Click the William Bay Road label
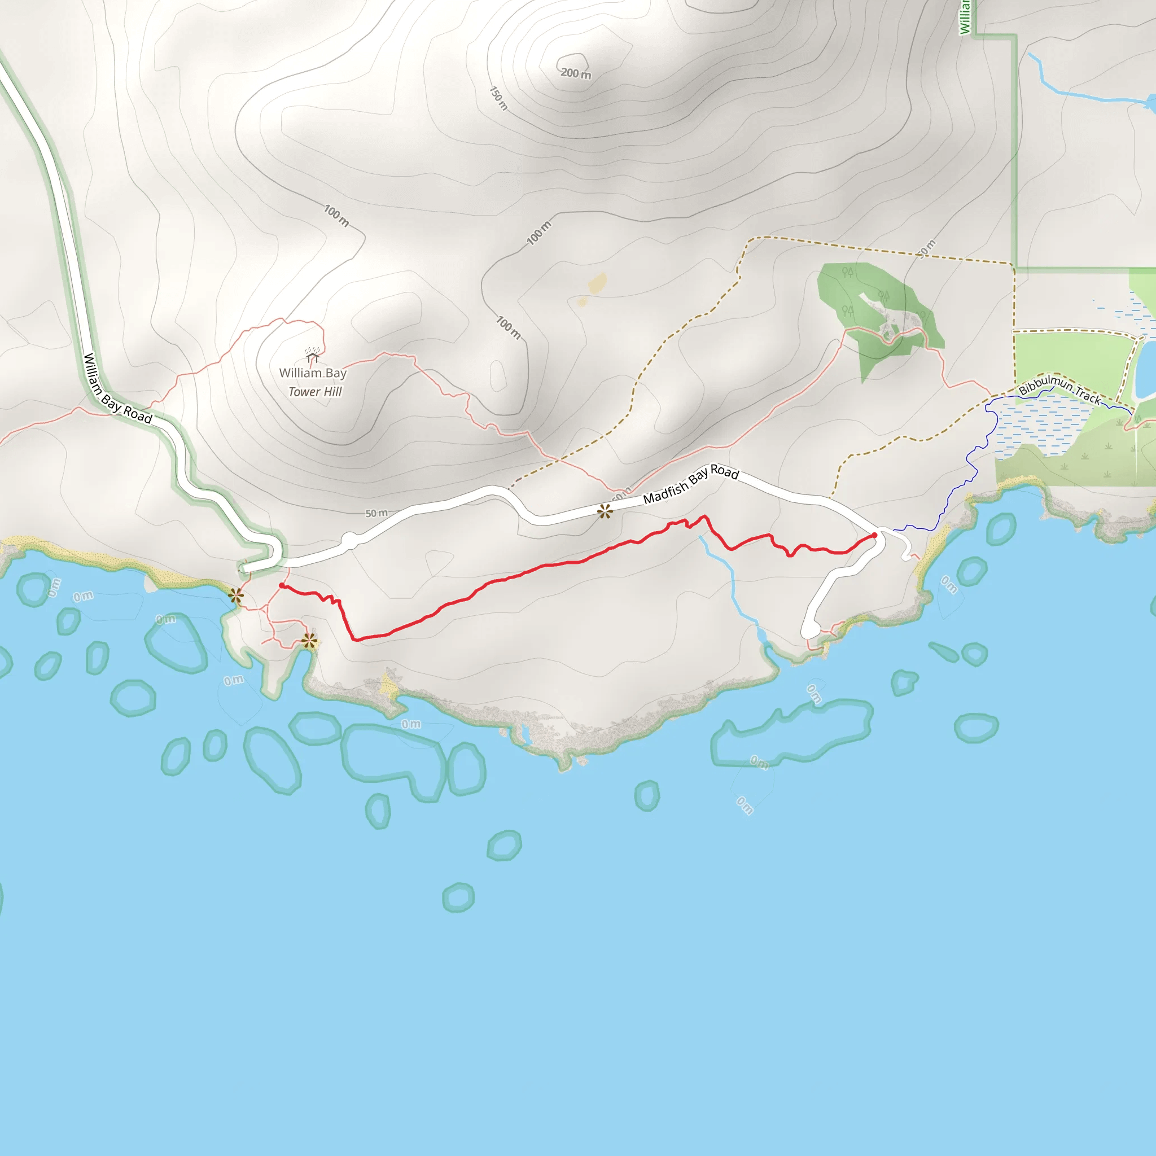[x=117, y=388]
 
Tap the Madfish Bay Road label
[x=690, y=484]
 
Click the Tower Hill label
[x=315, y=392]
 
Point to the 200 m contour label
[x=576, y=73]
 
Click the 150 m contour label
[x=498, y=98]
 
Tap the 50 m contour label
[x=376, y=514]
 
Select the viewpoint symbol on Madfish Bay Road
[x=605, y=511]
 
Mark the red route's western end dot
[x=282, y=586]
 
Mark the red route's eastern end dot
[x=874, y=535]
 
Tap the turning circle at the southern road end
[x=810, y=630]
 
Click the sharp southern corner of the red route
[x=357, y=639]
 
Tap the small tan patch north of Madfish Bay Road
[x=598, y=282]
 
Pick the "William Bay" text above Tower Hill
[x=313, y=373]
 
